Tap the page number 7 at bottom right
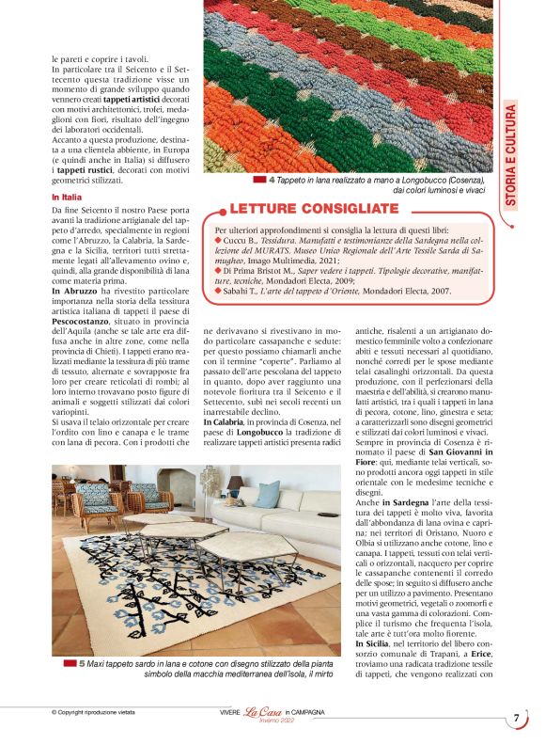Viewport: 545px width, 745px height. (x=516, y=719)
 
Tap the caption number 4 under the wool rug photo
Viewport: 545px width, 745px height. (x=272, y=180)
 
